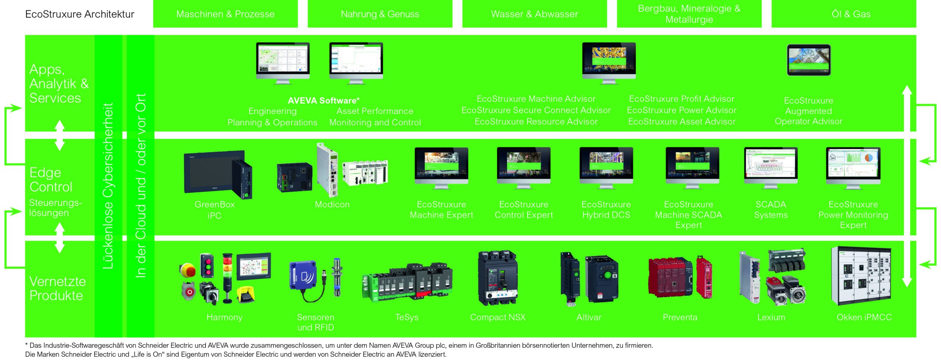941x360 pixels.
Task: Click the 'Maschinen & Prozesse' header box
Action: (225, 14)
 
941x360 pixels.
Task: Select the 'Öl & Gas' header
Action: (851, 14)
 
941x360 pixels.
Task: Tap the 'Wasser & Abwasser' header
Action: (534, 14)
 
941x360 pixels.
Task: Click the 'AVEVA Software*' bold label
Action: (323, 100)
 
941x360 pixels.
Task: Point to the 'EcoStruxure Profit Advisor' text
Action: (681, 99)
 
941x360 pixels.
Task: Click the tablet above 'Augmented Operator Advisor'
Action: (808, 60)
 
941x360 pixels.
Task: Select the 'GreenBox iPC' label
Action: (214, 210)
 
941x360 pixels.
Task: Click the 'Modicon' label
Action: (332, 204)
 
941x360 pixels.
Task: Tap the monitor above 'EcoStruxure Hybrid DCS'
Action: (606, 167)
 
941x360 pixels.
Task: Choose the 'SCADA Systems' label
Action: (770, 210)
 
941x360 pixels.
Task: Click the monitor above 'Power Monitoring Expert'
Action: (853, 167)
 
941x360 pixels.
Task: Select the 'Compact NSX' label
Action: (498, 317)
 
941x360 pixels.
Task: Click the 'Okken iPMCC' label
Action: (864, 317)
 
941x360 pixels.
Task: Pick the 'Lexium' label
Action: (771, 317)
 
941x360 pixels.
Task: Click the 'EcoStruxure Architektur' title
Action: (80, 14)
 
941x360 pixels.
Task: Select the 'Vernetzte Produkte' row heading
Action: (57, 288)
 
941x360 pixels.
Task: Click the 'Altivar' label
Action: (588, 317)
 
